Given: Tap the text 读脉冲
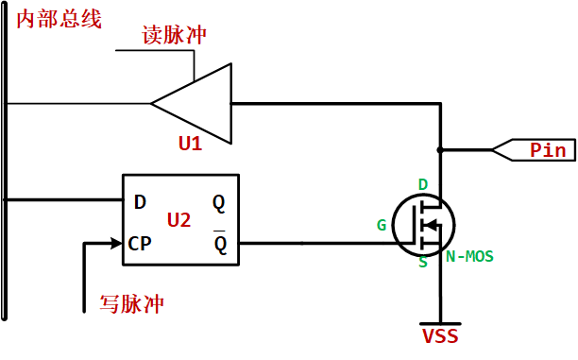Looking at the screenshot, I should [x=174, y=35].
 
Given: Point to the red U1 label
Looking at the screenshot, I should [x=190, y=144].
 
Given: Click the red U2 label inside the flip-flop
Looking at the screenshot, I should [x=178, y=220].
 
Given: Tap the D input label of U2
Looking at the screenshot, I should [x=140, y=201].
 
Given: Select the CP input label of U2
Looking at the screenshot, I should [x=139, y=243].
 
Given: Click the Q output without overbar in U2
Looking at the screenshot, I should [x=219, y=201].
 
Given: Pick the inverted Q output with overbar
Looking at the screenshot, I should [x=219, y=244].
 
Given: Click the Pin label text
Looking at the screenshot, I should [x=547, y=149].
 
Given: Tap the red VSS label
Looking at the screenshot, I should [x=440, y=336].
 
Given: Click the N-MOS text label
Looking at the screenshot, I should [x=469, y=256].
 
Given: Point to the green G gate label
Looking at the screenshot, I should [x=382, y=225].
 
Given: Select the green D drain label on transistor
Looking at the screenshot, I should [x=423, y=183].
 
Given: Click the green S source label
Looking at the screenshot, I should [x=423, y=263].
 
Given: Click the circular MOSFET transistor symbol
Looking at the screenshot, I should [x=423, y=223].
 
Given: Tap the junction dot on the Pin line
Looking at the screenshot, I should [x=440, y=149].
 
